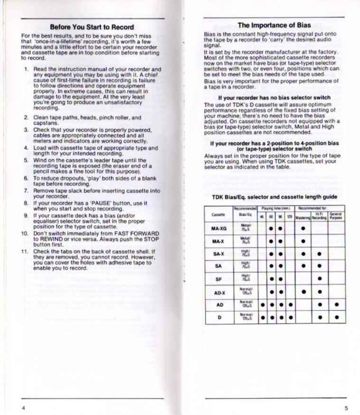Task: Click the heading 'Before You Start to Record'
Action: (92, 27)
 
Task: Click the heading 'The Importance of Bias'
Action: (274, 25)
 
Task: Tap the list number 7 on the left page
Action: (26, 190)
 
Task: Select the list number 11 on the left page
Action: (25, 250)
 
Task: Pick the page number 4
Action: (23, 407)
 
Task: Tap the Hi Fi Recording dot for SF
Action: (319, 279)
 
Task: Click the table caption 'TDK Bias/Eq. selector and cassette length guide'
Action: (275, 197)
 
